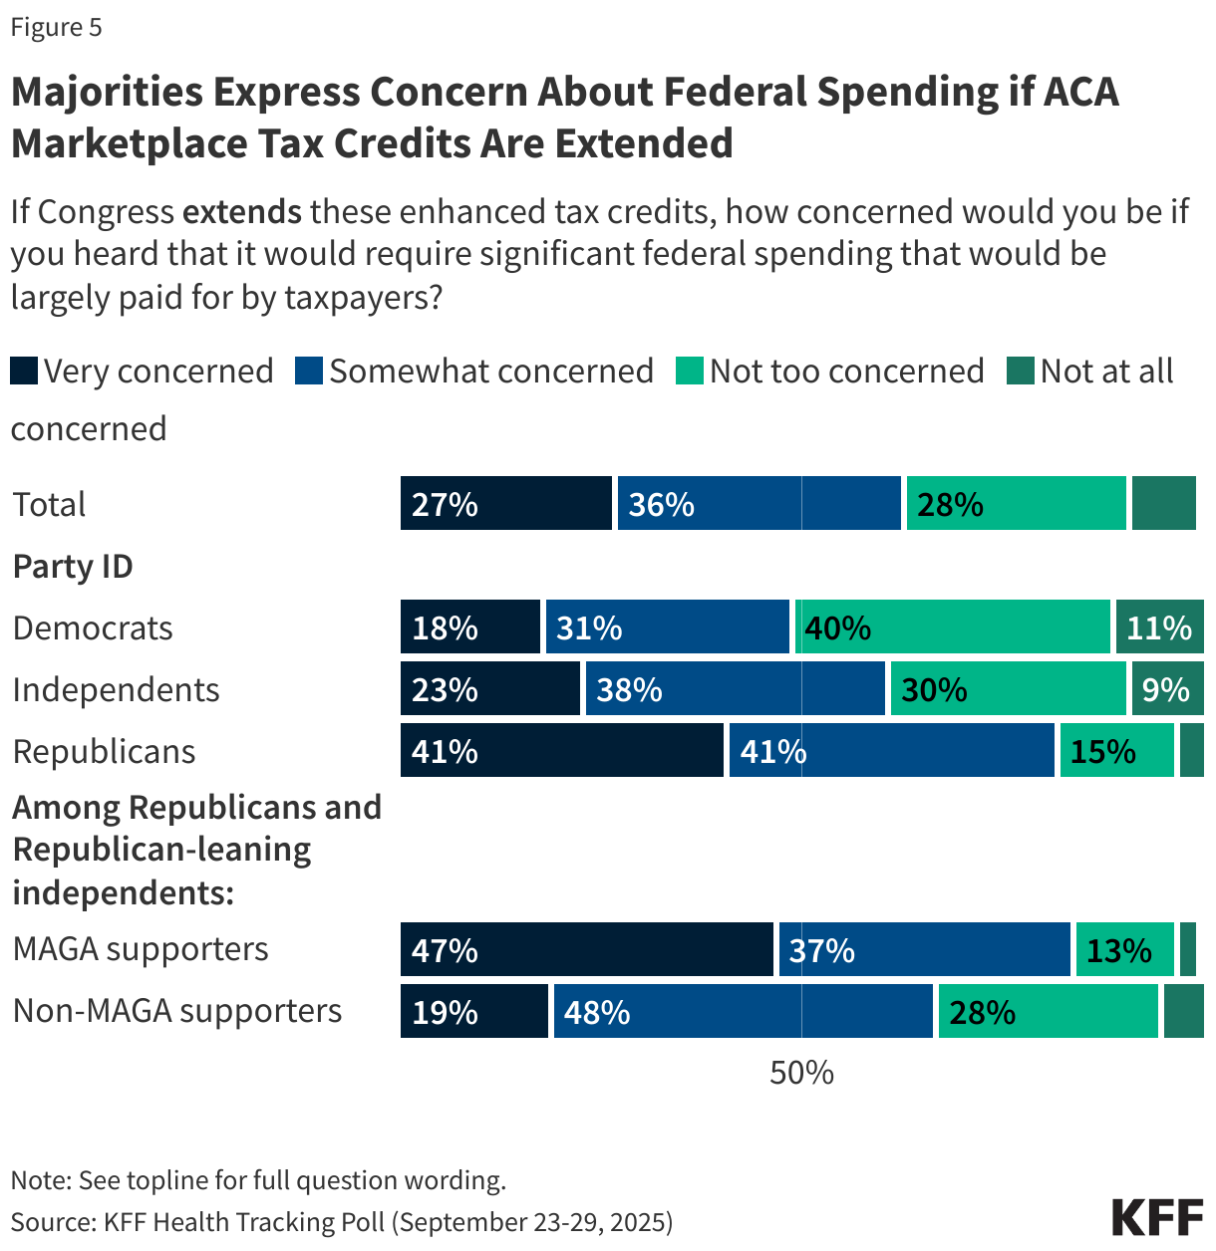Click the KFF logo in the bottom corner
point(1157,1218)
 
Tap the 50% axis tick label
point(801,1073)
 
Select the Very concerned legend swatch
point(24,372)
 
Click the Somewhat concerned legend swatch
point(309,372)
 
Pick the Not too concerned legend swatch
point(689,372)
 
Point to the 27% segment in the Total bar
point(506,504)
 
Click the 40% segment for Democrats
point(953,627)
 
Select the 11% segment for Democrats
point(1159,627)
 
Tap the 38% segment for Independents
point(736,689)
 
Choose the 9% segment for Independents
point(1167,689)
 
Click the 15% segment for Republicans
point(1116,751)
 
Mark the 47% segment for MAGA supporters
point(587,949)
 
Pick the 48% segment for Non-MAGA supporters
point(743,1011)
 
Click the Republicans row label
point(105,752)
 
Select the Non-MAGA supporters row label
point(177,1011)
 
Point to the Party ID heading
point(73,567)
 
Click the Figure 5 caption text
point(57,28)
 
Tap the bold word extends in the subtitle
point(242,212)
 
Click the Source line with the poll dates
point(342,1222)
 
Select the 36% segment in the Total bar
point(760,504)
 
